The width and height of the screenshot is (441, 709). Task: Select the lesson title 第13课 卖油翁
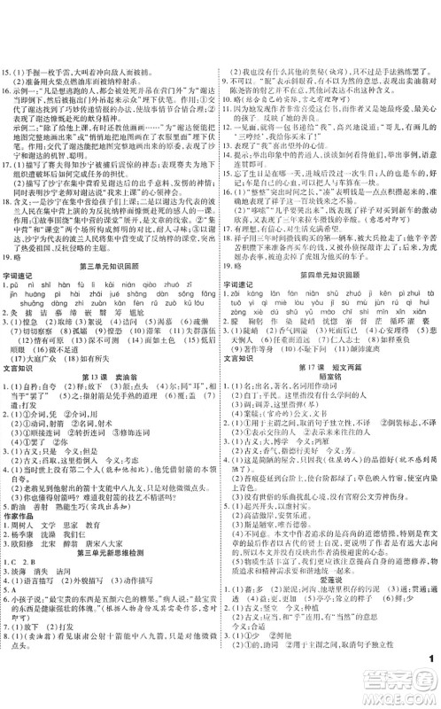point(111,402)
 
